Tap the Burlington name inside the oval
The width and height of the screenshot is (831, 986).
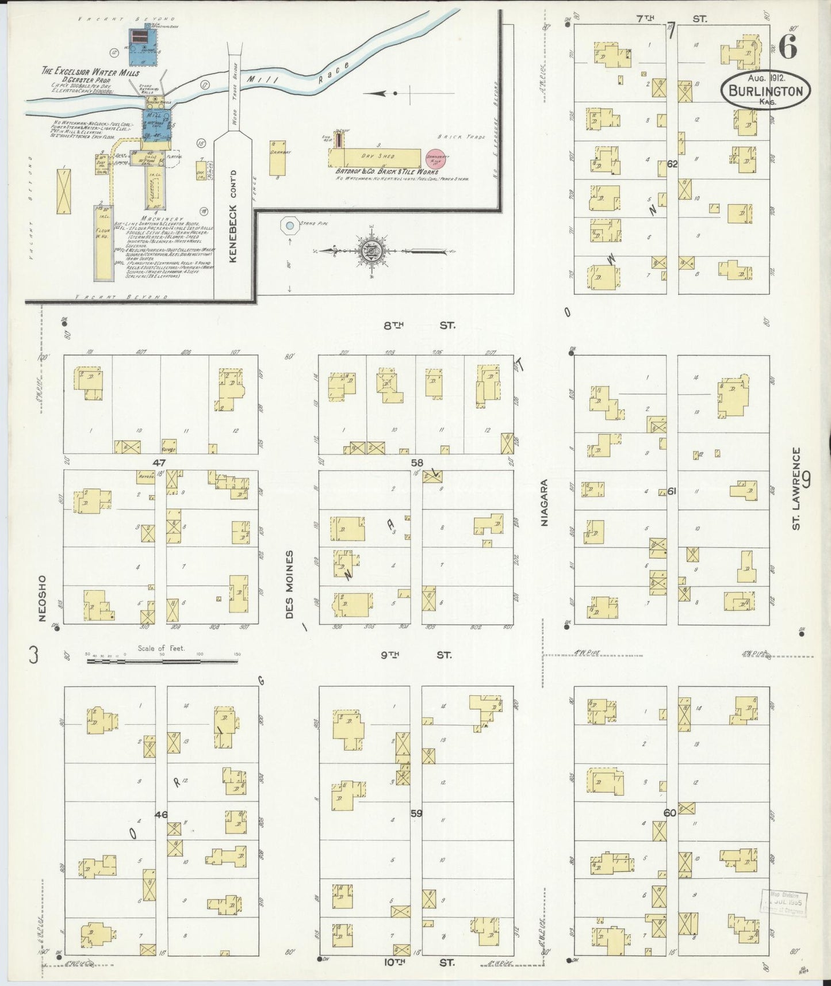765,91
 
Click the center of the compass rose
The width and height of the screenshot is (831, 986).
368,251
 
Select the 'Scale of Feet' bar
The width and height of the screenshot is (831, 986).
162,661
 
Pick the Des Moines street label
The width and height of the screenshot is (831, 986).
289,584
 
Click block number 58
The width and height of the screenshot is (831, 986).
416,462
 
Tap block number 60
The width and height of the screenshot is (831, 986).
669,813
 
